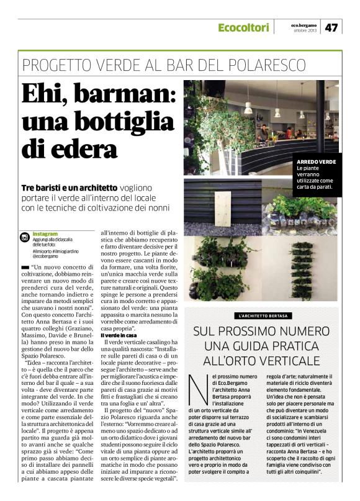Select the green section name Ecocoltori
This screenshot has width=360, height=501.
tap(243, 28)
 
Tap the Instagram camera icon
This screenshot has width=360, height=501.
tap(25, 237)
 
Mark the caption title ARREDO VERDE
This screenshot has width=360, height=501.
tap(317, 162)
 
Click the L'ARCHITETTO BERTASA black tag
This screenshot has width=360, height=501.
tap(263, 315)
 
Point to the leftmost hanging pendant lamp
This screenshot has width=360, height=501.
tap(248, 108)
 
